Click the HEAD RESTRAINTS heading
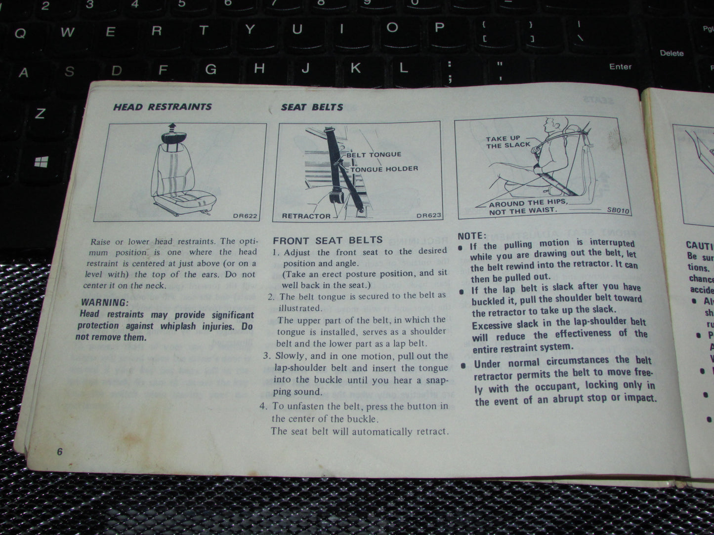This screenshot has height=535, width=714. tap(162, 107)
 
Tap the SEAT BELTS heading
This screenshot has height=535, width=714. tap(312, 107)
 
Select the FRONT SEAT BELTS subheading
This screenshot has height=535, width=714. tap(328, 240)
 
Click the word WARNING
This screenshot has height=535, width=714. tap(104, 303)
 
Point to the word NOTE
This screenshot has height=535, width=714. tap(472, 236)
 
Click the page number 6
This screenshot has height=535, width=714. tap(60, 452)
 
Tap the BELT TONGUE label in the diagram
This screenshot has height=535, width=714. tap(374, 154)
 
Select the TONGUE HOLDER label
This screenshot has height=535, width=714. tap(384, 169)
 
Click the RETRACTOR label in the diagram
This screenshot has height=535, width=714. tap(306, 216)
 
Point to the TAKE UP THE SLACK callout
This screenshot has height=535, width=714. tap(507, 142)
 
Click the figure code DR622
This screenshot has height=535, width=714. tap(245, 216)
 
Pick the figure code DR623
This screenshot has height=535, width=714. tap(428, 216)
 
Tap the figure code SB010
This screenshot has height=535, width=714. tap(618, 210)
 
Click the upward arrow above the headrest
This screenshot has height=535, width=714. tap(171, 127)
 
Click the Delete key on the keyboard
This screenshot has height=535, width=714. tap(672, 53)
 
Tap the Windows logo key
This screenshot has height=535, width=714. tap(42, 161)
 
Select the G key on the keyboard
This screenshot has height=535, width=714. tap(210, 69)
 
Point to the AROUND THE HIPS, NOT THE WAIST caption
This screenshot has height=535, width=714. tap(527, 207)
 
